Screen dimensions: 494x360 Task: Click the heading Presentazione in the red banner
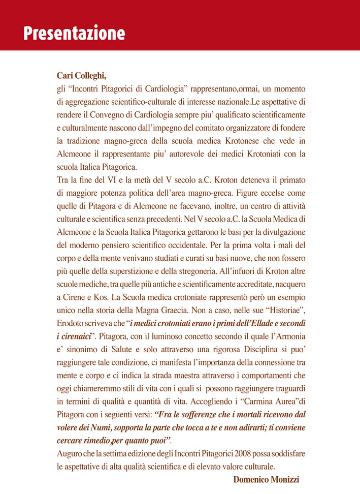(x=74, y=33)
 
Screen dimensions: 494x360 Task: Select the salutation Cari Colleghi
(x=81, y=76)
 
